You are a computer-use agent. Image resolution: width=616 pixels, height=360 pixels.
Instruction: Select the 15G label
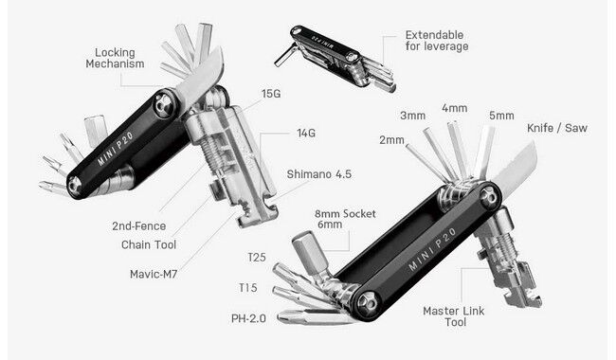[272, 95]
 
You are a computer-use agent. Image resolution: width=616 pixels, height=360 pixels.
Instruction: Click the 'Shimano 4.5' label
[320, 174]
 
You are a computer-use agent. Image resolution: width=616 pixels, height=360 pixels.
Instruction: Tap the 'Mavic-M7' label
[157, 276]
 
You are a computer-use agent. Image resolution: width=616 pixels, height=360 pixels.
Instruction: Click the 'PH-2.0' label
[248, 317]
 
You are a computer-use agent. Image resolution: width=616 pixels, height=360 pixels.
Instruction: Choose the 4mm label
[454, 108]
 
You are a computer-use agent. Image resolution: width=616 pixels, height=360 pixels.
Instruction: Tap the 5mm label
[501, 116]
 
